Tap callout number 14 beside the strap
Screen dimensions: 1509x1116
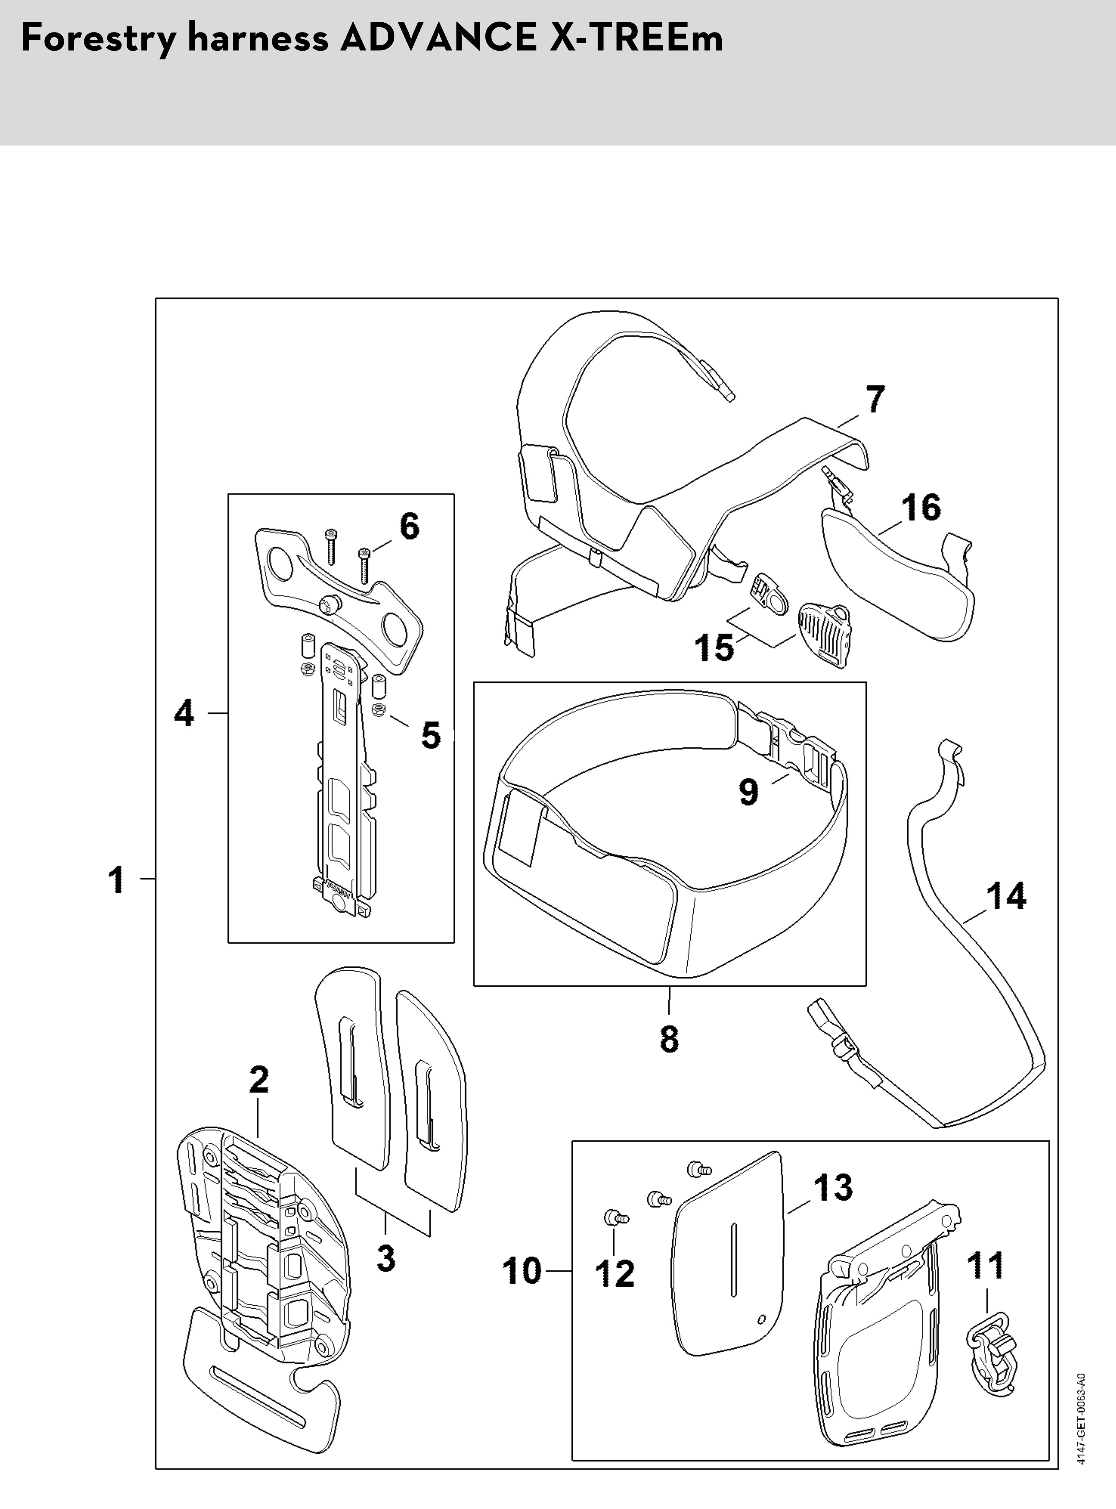(x=1006, y=896)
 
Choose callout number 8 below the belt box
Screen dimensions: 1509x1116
(x=669, y=1038)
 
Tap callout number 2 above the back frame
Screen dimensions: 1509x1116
(x=259, y=1080)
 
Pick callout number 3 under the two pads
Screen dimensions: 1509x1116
(x=386, y=1258)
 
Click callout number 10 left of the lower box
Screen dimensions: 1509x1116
(x=522, y=1271)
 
